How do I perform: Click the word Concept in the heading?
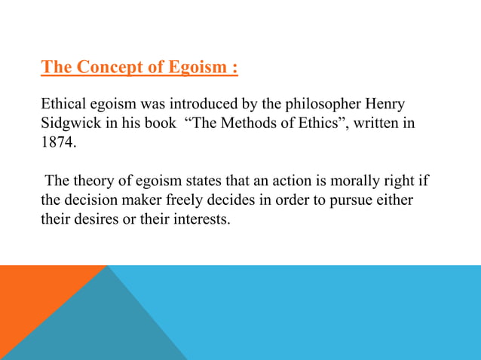point(107,68)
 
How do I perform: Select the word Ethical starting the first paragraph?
point(66,104)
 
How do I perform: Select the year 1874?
point(57,142)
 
